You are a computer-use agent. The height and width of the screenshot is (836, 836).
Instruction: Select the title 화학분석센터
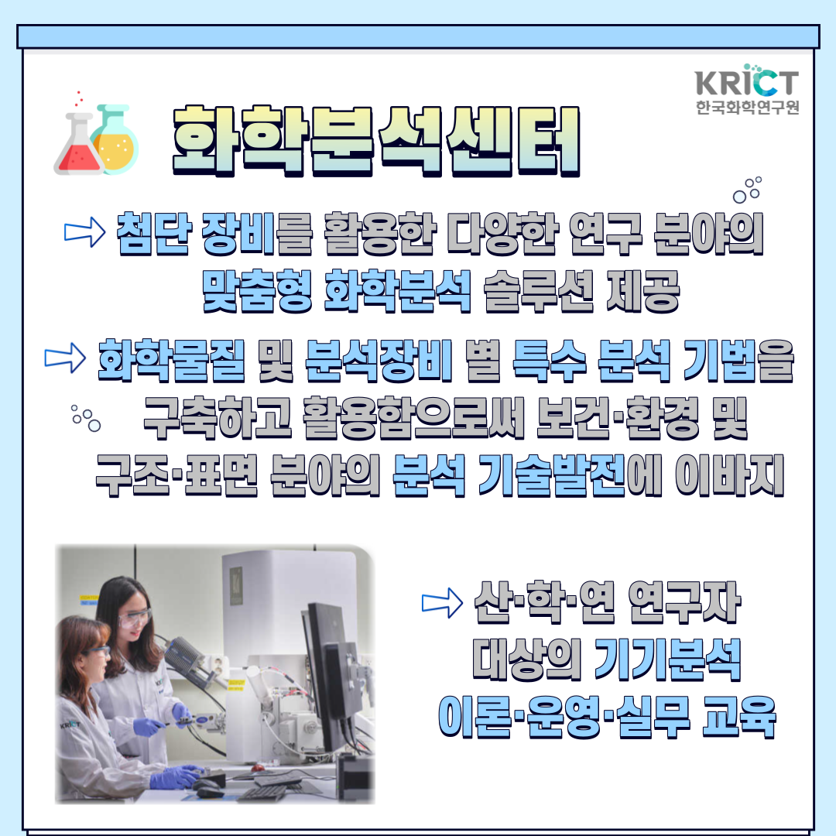click(376, 142)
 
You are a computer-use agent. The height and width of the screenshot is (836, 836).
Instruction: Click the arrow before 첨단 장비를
click(84, 232)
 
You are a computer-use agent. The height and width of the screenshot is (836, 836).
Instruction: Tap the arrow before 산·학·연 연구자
click(442, 603)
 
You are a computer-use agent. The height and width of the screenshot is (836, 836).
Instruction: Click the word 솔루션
click(539, 290)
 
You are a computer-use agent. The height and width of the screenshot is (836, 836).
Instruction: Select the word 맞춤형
click(257, 290)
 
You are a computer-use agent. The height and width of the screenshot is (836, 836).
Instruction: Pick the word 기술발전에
click(570, 475)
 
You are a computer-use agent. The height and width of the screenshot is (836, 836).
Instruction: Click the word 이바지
click(729, 475)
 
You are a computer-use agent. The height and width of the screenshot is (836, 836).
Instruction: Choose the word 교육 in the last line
click(738, 717)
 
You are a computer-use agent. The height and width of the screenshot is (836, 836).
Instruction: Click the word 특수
click(549, 360)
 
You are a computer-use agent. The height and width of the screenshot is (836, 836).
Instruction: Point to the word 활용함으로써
click(413, 417)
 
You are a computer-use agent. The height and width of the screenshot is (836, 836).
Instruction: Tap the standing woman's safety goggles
click(135, 618)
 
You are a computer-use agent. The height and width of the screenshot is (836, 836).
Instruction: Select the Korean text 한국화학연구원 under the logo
click(747, 107)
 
